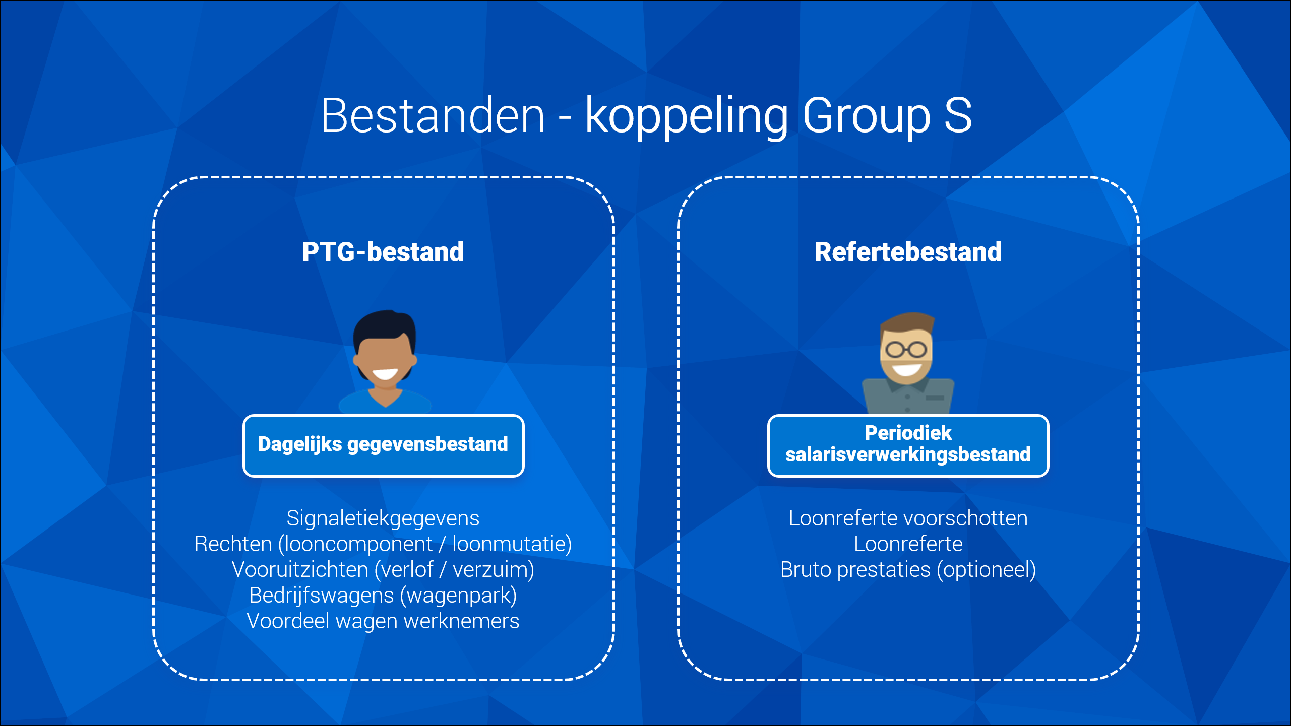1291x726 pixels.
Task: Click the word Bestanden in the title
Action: click(433, 116)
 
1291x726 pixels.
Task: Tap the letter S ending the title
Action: click(958, 116)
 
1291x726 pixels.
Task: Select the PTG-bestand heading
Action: click(383, 252)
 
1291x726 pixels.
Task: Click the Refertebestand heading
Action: click(908, 252)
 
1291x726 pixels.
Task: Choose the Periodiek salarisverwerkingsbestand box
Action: click(908, 445)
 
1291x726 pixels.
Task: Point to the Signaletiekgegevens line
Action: click(383, 518)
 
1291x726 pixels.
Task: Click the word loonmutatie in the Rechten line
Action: click(509, 544)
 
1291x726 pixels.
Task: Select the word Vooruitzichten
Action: click(300, 569)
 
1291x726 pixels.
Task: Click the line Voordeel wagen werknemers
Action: click(383, 621)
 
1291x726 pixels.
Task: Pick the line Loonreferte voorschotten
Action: click(908, 518)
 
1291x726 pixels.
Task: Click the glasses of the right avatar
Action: click(906, 349)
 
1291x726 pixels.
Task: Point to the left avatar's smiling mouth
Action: click(385, 374)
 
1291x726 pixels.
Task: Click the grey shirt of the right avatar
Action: click(908, 397)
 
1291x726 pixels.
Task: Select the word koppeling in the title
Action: click(687, 117)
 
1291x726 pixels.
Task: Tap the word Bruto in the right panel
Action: click(806, 570)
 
